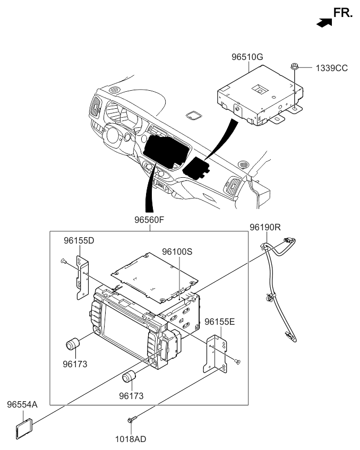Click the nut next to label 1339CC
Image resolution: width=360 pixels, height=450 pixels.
293,67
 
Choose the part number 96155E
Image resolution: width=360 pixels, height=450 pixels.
219,321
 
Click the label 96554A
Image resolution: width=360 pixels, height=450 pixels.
22,404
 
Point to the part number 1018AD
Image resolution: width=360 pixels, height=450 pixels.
132,439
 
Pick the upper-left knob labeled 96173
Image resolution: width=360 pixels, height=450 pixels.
73,344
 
